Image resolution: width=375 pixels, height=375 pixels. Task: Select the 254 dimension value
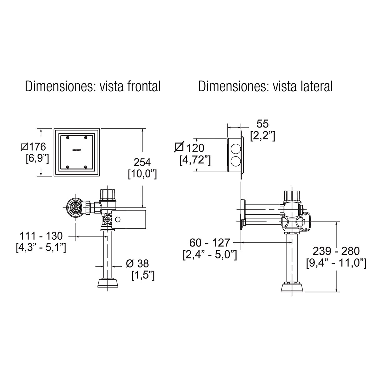[142, 162]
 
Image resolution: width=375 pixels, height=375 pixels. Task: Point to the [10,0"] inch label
[142, 174]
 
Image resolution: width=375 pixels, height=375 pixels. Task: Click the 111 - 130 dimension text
[41, 236]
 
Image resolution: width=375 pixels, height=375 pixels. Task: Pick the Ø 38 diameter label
[137, 263]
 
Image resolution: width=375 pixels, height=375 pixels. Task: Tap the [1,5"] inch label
[142, 276]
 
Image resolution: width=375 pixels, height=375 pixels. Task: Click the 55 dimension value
[262, 124]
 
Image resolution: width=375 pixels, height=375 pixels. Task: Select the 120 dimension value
[194, 148]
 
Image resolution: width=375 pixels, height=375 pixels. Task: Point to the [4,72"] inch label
[195, 160]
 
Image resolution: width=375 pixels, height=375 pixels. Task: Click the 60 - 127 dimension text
[210, 242]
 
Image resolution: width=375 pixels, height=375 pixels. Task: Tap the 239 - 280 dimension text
[336, 251]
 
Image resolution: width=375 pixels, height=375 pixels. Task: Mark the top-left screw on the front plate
[68, 137]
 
